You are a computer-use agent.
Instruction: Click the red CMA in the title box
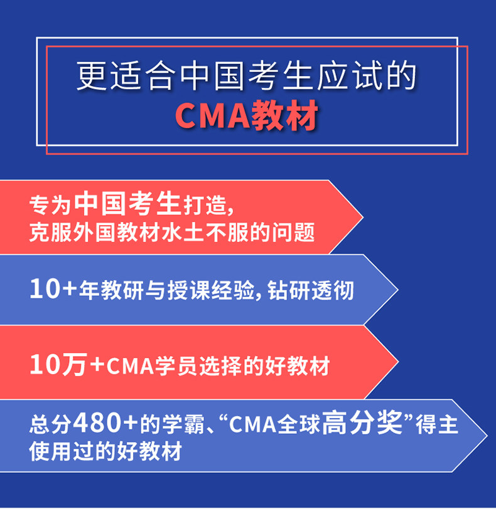213,116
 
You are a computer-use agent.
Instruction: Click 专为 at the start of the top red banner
50,205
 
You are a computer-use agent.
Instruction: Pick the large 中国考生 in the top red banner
127,203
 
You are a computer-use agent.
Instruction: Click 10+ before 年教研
53,289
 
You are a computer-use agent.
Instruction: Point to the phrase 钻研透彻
311,290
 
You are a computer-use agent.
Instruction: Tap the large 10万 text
58,365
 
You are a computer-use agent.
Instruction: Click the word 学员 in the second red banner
176,366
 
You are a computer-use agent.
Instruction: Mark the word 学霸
183,424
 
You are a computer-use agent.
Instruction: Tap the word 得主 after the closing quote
437,424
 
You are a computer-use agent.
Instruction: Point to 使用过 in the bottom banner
62,451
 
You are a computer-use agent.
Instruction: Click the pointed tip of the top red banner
363,217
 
